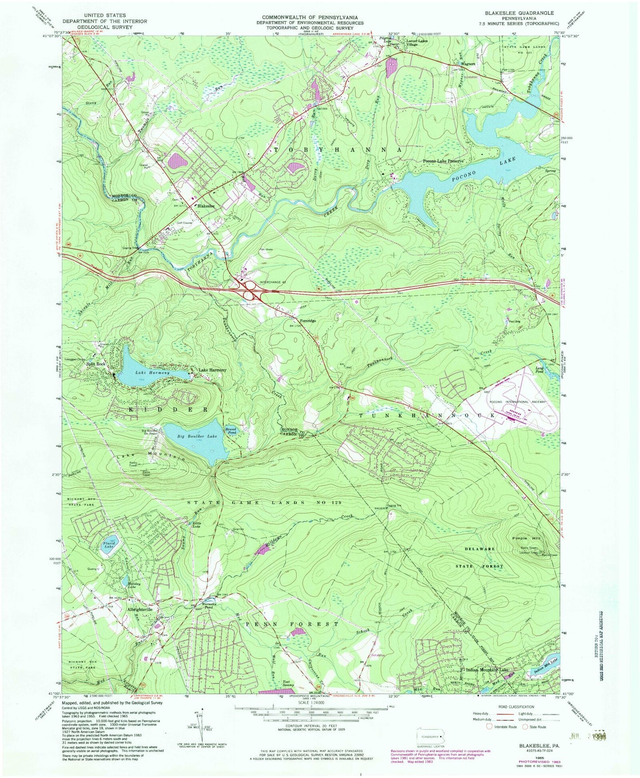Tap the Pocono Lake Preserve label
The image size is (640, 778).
[x=443, y=161]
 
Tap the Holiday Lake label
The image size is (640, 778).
[x=134, y=586]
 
